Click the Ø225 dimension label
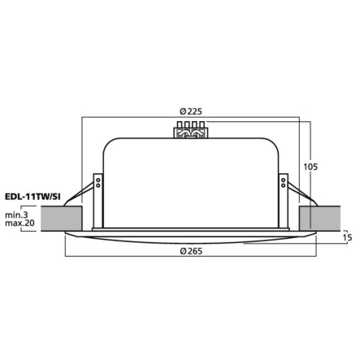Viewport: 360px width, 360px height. pos(191,111)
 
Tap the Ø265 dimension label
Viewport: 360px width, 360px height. pos(191,251)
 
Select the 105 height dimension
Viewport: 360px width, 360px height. pos(310,167)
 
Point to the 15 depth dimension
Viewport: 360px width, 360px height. pos(348,237)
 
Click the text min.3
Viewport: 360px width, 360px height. pos(16,215)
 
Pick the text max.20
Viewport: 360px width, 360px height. pos(20,223)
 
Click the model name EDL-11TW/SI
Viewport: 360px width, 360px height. pos(33,197)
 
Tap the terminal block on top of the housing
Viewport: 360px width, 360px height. pos(191,130)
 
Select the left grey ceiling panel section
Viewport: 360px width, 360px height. pos(62,219)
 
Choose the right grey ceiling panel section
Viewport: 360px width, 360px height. pos(320,219)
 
